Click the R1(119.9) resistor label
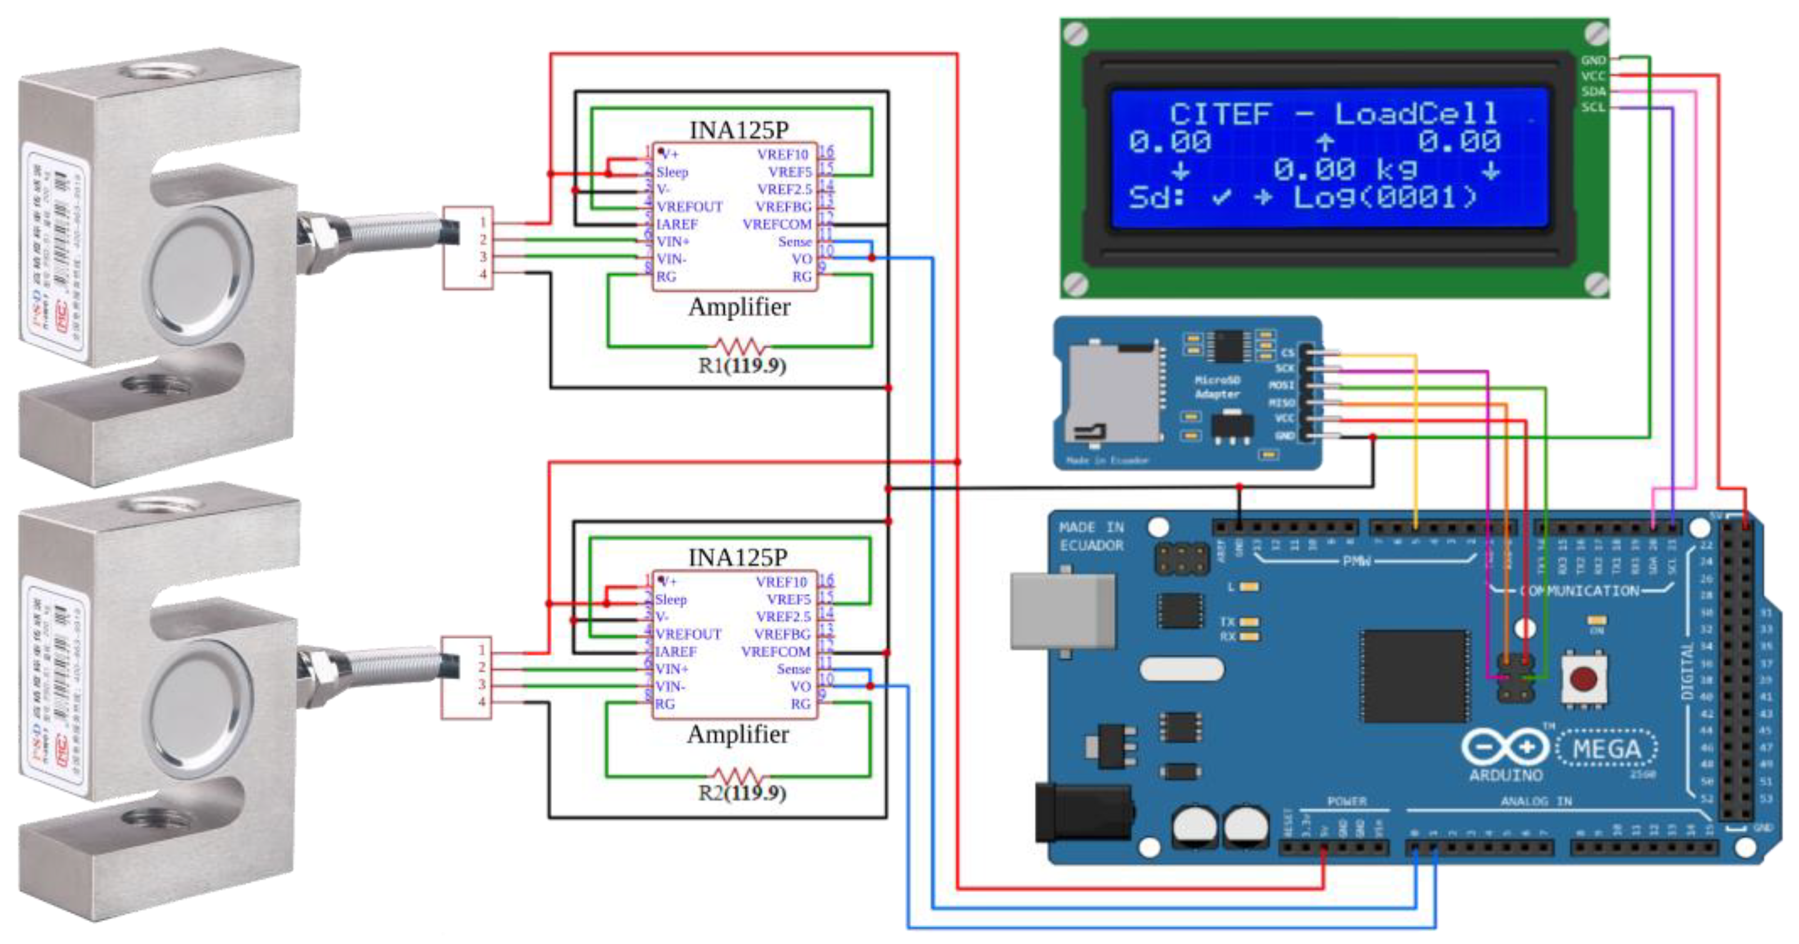click(742, 366)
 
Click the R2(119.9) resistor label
click(742, 793)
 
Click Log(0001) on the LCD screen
click(1385, 198)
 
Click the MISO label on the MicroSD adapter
click(1281, 403)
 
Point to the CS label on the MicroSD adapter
click(1287, 353)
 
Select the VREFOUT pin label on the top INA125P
click(689, 207)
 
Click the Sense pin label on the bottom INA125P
click(794, 669)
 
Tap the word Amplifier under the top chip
click(740, 307)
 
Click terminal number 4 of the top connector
click(483, 274)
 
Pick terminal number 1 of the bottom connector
click(482, 650)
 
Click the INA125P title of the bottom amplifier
click(737, 557)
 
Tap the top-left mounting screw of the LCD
click(1076, 33)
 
